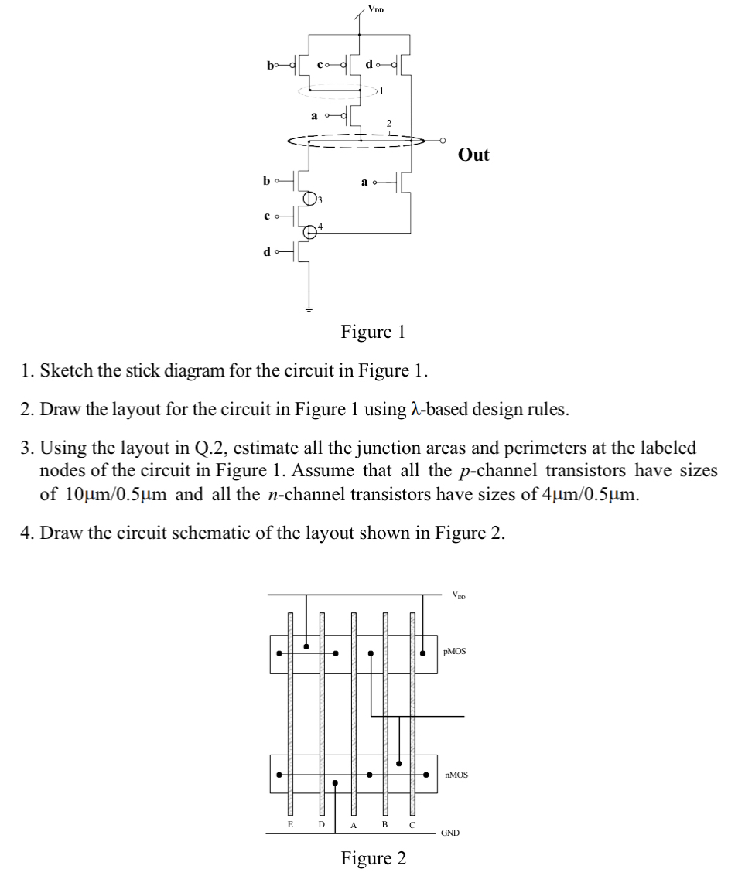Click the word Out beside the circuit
473,155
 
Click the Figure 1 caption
373,332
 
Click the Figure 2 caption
373,858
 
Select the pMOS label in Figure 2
455,652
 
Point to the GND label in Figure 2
450,833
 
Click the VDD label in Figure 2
459,595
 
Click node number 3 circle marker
310,198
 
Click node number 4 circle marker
310,230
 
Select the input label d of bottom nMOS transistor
267,251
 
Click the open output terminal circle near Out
443,141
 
